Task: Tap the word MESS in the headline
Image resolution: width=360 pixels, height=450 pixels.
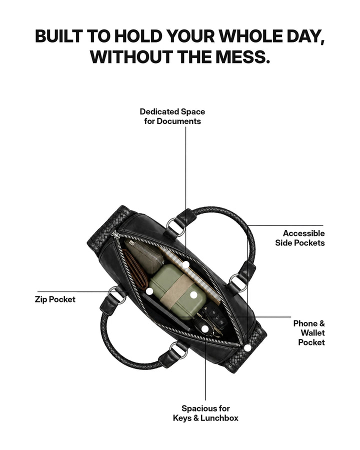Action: tap(243, 56)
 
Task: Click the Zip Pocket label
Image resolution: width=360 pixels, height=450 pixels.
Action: tap(55, 299)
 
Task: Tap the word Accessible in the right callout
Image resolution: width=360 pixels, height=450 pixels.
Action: tap(303, 233)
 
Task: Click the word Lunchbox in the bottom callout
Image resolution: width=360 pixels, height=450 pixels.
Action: tap(219, 418)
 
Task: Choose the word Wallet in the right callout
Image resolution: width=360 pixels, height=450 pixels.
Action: tap(312, 333)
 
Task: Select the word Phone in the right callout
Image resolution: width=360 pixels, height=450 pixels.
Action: tap(305, 323)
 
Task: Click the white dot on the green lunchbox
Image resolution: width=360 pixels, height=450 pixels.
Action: tap(194, 294)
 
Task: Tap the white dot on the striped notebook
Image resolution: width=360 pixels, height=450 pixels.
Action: tap(186, 264)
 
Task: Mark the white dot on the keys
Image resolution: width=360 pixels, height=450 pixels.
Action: tap(204, 328)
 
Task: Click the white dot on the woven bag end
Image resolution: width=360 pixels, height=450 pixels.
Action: tap(247, 348)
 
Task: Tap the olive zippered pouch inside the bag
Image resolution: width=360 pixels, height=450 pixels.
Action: tap(144, 255)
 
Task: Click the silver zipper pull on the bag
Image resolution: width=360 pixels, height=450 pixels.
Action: tap(116, 235)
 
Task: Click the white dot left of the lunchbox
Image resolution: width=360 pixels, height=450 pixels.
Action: tap(149, 291)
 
